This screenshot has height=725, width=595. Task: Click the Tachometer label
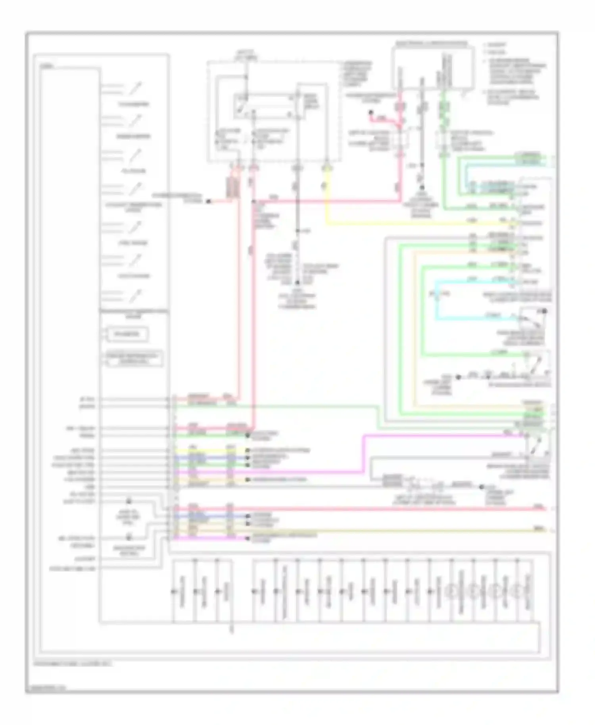coord(134,104)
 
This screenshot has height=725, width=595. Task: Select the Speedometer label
coord(134,136)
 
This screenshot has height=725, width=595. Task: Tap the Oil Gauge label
coord(134,171)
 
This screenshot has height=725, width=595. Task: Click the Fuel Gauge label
coord(134,243)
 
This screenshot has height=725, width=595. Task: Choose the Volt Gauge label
coord(134,276)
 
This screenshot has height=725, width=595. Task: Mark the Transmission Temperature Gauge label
coord(134,314)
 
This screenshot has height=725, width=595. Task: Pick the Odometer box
coord(127,334)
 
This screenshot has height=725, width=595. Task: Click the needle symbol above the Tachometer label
coord(136,88)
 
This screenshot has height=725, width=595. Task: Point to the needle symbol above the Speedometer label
coord(136,120)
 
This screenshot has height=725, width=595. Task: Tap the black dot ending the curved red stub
coord(371,113)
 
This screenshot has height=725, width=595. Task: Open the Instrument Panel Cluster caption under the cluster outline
coord(73,663)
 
